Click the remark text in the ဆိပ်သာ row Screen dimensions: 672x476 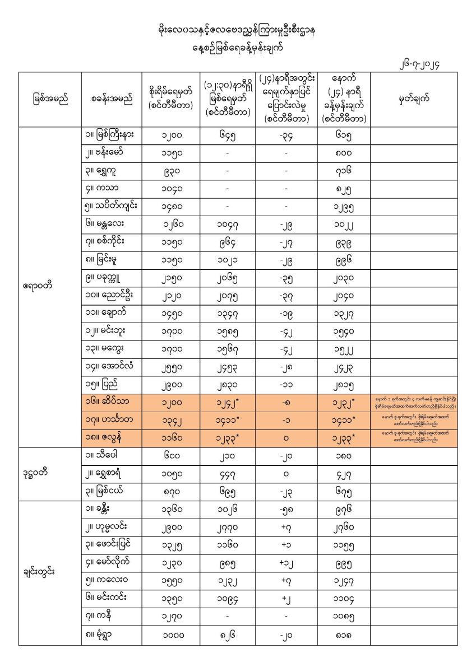tap(412, 402)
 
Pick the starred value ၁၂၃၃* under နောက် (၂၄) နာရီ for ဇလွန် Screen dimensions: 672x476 tap(343, 437)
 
